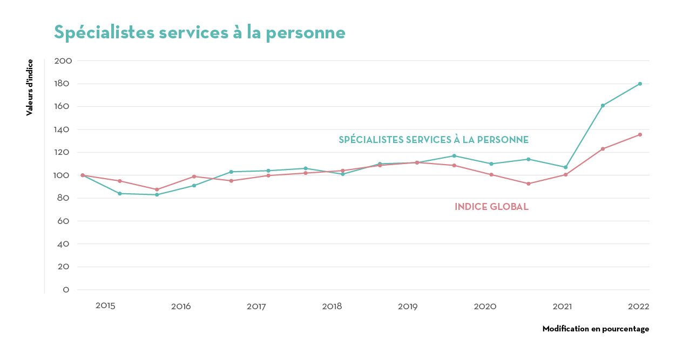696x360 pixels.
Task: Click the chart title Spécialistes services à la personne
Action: [x=200, y=32]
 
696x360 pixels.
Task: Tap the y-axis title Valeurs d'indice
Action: [x=30, y=87]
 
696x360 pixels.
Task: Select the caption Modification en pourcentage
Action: [x=596, y=329]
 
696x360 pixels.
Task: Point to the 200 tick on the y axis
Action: [x=63, y=61]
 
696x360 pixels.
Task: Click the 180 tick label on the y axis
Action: [x=63, y=84]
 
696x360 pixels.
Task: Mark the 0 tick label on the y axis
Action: [x=66, y=290]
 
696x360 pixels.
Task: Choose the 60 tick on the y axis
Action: [x=63, y=221]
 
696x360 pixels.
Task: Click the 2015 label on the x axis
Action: [x=105, y=306]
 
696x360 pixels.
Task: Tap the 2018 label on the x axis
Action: [x=332, y=307]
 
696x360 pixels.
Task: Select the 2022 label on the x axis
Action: [x=638, y=307]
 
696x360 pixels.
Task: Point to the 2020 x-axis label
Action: [x=485, y=307]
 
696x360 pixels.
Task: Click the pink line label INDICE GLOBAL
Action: [x=491, y=207]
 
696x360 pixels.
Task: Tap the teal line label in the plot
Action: [x=434, y=140]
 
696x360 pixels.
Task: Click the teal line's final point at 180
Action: [x=640, y=84]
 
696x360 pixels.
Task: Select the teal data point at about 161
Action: [x=603, y=105]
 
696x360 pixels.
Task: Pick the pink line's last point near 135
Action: [x=640, y=134]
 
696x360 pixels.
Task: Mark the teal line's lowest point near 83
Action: [x=157, y=194]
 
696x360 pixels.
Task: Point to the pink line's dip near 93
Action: [x=529, y=184]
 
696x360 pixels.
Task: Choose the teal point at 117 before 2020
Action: [x=454, y=156]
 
